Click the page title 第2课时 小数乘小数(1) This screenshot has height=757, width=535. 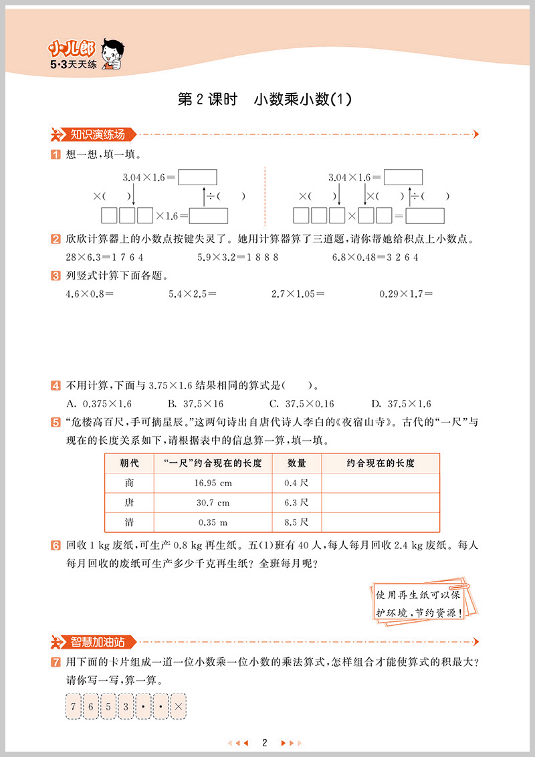pyautogui.click(x=264, y=100)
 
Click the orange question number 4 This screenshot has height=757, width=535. pyautogui.click(x=56, y=386)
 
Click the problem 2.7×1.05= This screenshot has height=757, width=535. pyautogui.click(x=298, y=293)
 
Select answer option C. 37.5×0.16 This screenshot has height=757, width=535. pyautogui.click(x=301, y=404)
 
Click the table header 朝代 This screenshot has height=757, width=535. pyautogui.click(x=129, y=463)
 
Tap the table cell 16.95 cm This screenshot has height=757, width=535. pyautogui.click(x=213, y=483)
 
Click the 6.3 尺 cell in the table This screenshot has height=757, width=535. pyautogui.click(x=296, y=502)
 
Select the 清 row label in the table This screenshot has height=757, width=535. pyautogui.click(x=129, y=522)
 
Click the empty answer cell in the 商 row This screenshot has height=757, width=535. pyautogui.click(x=381, y=483)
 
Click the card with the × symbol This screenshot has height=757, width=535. pyautogui.click(x=179, y=706)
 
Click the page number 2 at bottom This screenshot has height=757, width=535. pyautogui.click(x=265, y=742)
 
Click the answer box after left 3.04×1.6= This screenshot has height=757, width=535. pyautogui.click(x=198, y=177)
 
